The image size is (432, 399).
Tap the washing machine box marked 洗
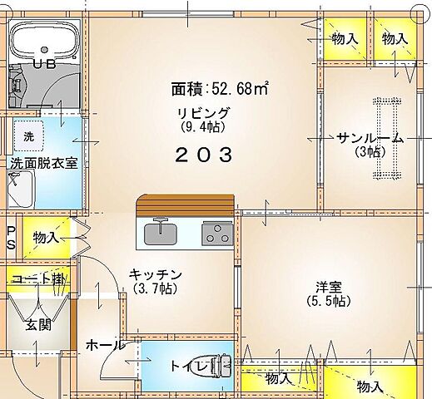(28, 135)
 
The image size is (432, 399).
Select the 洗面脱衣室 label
(43, 164)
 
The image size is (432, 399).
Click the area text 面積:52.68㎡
(220, 88)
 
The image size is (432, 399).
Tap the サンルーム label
(370, 138)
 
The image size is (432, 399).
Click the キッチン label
(155, 274)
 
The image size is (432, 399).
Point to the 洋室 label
(327, 287)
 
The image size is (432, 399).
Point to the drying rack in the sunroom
(385, 138)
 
